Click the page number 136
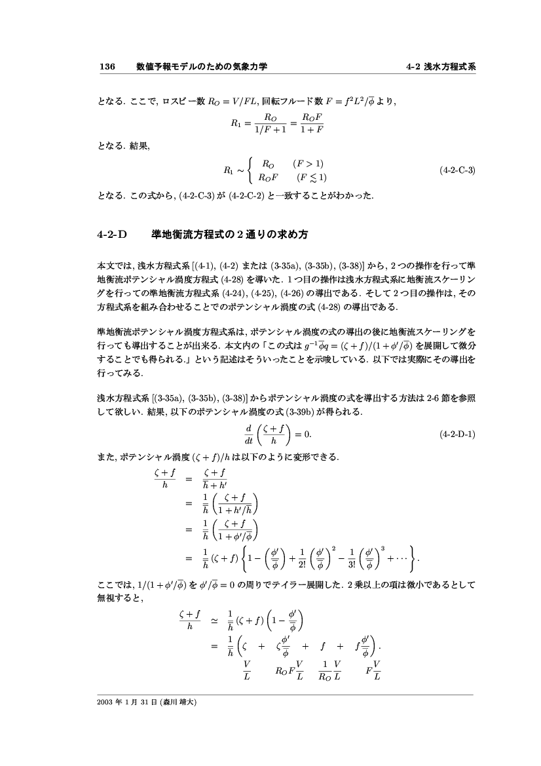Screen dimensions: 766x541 pos(107,67)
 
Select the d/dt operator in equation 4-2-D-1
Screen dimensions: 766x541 pos(248,434)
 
